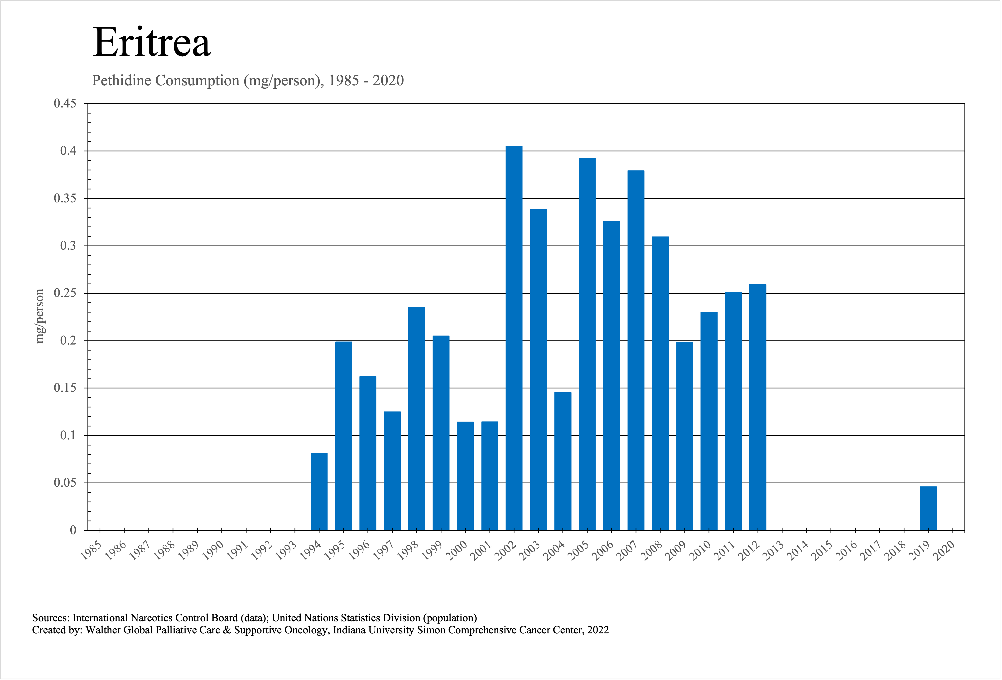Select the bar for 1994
[x=319, y=491]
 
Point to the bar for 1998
[x=416, y=418]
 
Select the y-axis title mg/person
[x=40, y=316]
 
